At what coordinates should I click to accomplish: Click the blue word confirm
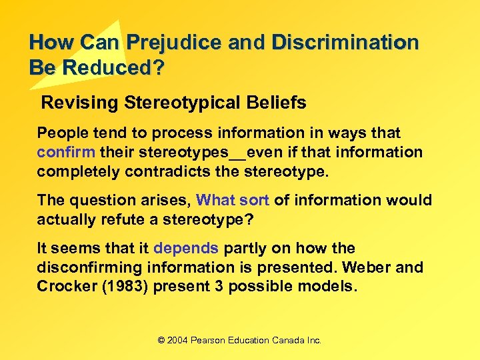(x=66, y=152)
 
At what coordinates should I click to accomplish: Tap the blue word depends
(x=186, y=248)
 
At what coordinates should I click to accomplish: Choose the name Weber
(x=367, y=267)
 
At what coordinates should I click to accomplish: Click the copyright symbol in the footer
(x=161, y=340)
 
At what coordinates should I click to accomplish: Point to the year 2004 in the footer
(x=178, y=340)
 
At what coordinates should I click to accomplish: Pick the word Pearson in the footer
(x=209, y=340)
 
